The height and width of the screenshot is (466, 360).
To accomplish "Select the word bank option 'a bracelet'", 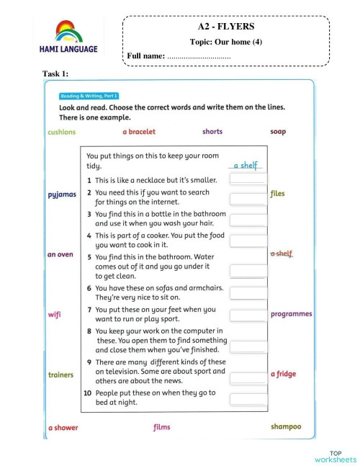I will coord(139,132).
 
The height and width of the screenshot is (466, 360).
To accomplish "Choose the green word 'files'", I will coord(278,194).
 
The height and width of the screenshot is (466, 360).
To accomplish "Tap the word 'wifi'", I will coord(55,314).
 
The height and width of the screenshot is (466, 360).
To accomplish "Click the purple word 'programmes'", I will coord(291,314).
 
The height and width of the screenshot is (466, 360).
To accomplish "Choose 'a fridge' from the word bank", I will coord(283,375).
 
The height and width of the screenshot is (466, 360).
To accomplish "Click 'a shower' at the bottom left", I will coord(63,428).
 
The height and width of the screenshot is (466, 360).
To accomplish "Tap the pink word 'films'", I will coord(162,428).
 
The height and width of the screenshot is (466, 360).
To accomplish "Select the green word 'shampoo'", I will coord(286,427).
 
